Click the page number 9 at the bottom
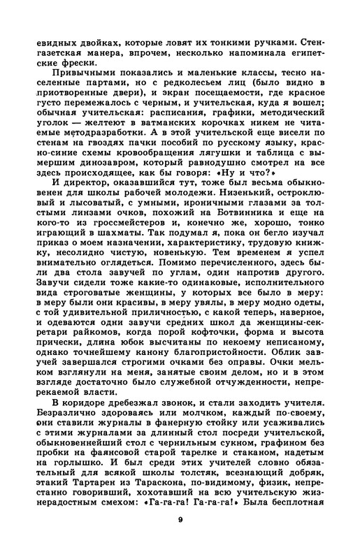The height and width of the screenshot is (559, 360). pos(180,537)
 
